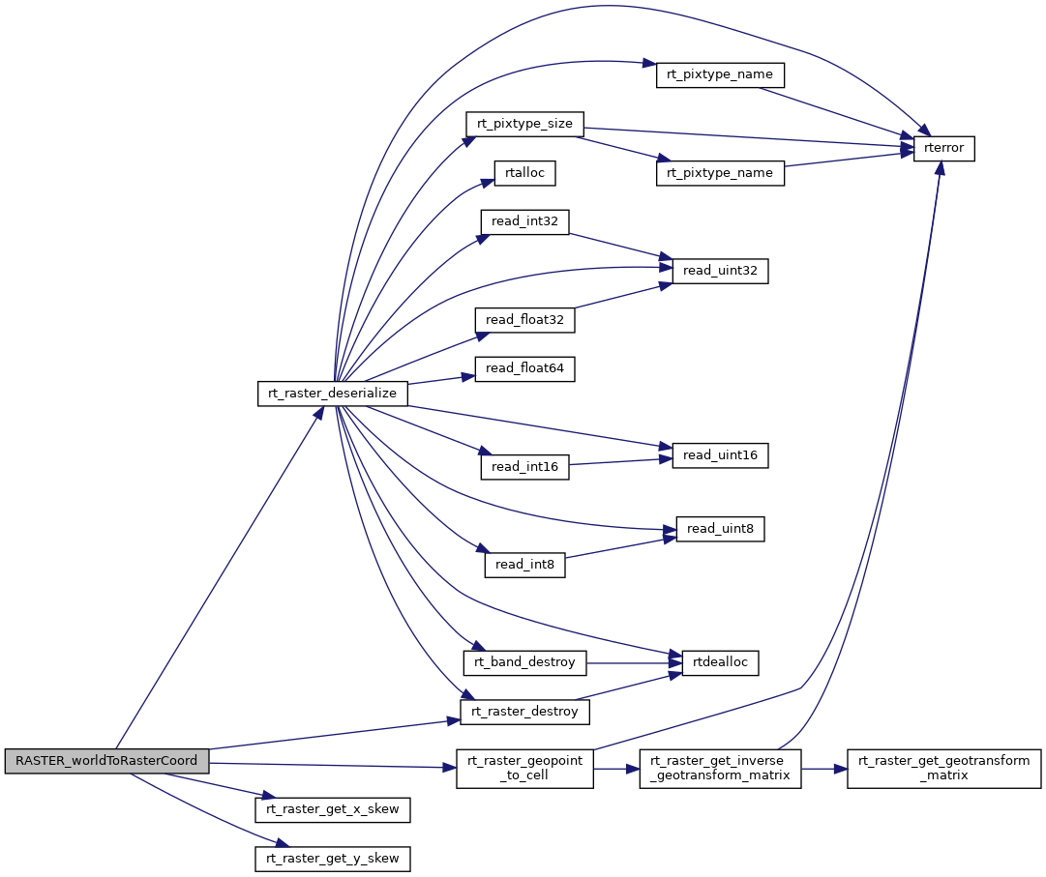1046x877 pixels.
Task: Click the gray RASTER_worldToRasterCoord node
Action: tap(106, 761)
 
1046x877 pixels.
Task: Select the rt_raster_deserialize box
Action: tap(332, 394)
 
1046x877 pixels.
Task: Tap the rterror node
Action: tap(944, 148)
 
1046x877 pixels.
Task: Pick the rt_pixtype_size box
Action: tap(524, 124)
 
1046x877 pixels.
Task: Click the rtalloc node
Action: tap(524, 173)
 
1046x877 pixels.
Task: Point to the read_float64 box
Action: tap(524, 369)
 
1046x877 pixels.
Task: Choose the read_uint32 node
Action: tap(720, 272)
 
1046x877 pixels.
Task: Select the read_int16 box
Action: tap(524, 467)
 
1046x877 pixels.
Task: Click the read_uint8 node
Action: tap(720, 529)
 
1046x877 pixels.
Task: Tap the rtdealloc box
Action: tap(720, 663)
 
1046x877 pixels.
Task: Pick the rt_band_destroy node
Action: tap(524, 663)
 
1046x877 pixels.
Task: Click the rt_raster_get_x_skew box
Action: tap(332, 809)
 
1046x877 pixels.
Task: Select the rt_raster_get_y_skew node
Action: tap(332, 859)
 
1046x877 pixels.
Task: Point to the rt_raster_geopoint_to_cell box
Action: tap(524, 769)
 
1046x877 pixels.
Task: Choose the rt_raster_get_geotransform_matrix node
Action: tap(944, 769)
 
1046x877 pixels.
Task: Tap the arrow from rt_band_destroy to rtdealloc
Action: tap(634, 663)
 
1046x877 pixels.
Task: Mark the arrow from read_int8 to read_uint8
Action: tap(620, 547)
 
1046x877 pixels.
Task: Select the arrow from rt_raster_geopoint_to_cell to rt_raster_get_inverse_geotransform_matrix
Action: tap(616, 769)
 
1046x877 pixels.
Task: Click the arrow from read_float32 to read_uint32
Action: tap(624, 295)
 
